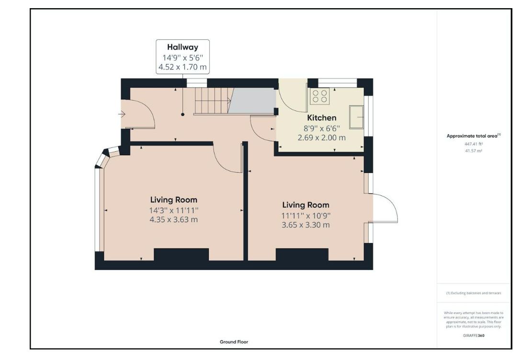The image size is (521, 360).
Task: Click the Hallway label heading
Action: coord(182,47)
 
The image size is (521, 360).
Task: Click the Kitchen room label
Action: coord(321,118)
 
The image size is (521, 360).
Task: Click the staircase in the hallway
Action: coord(210,101)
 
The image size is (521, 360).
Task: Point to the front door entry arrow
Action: coord(123,114)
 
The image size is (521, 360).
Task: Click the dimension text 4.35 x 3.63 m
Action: coord(173,220)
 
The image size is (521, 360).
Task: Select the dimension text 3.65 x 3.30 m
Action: coord(306,225)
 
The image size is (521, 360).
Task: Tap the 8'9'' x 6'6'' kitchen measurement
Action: coord(321,128)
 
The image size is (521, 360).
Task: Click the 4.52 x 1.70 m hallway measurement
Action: coord(182,67)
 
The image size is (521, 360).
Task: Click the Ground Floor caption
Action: coord(234,342)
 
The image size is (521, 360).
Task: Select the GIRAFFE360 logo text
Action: coord(474,336)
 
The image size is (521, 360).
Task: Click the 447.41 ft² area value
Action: coord(474,144)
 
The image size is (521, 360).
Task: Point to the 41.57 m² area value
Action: coord(474,151)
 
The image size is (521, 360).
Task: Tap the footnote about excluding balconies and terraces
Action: coord(474,293)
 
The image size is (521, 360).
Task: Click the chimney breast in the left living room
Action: coord(181,255)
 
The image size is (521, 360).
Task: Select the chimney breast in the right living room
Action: coord(302,255)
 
